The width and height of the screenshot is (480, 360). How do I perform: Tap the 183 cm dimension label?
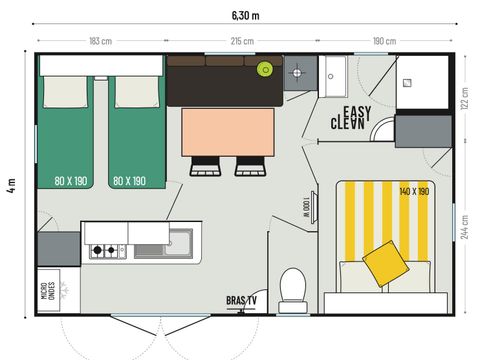(x=100, y=41)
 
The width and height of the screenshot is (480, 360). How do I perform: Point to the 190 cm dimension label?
(x=385, y=41)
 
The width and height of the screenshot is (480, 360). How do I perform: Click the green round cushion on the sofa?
(x=265, y=69)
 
